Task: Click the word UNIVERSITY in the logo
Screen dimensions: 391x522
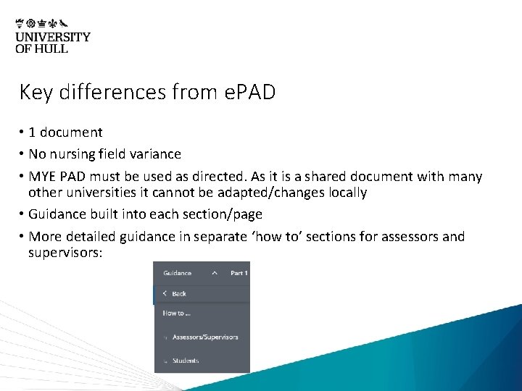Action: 53,37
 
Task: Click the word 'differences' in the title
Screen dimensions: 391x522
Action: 112,93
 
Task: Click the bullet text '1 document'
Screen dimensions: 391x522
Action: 65,133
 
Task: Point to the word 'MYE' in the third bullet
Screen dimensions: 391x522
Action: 42,177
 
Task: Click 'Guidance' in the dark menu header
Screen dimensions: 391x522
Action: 178,273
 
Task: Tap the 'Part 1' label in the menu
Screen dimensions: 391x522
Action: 239,273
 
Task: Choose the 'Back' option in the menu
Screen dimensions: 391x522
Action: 179,294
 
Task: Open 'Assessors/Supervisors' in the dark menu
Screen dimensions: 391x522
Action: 205,337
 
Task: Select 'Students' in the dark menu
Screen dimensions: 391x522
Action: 186,361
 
